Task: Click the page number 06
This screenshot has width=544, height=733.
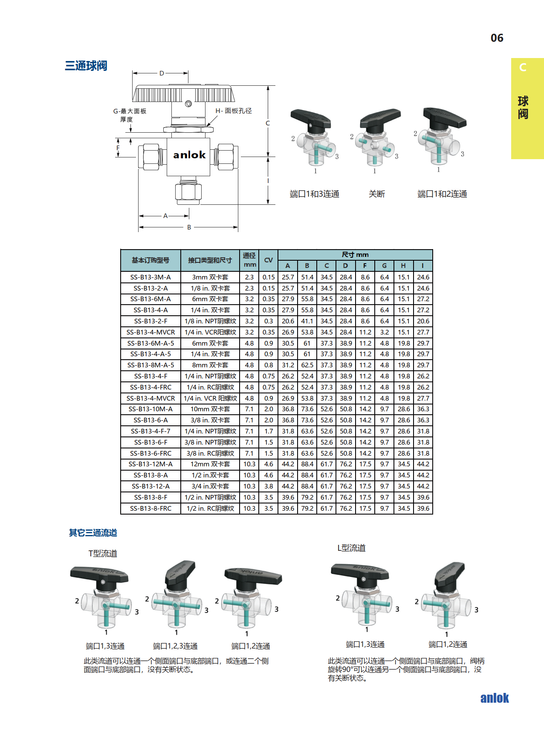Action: pos(497,38)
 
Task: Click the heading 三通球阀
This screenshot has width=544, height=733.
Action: pos(86,66)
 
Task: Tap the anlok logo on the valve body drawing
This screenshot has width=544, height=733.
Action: pos(189,155)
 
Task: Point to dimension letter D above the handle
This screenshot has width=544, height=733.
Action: pos(162,73)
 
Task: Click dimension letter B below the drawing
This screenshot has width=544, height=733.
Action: pos(189,227)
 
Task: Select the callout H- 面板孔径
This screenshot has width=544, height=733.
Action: pos(234,111)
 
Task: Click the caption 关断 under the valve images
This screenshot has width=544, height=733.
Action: pos(376,194)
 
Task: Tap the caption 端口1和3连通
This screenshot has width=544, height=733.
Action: pos(315,194)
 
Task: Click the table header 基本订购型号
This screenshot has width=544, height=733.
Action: pos(150,260)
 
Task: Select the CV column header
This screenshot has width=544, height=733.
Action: pos(269,260)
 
